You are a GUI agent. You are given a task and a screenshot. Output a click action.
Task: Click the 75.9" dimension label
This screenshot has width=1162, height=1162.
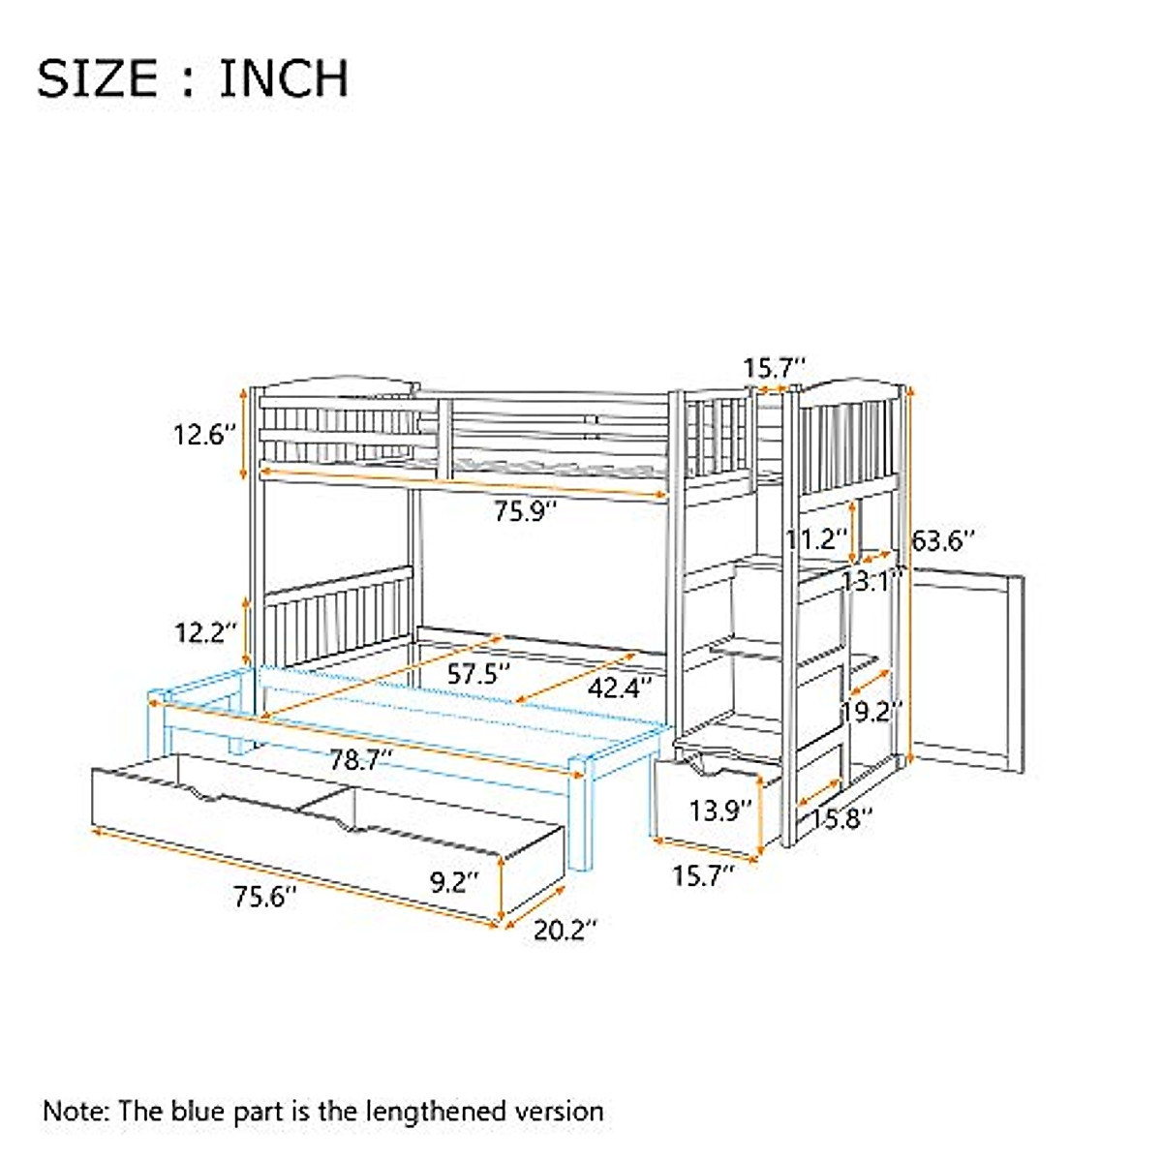[x=526, y=510]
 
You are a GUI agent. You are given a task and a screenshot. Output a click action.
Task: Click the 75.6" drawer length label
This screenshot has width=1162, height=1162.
[x=264, y=897]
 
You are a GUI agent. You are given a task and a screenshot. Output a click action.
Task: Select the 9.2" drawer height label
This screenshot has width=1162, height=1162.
[x=454, y=882]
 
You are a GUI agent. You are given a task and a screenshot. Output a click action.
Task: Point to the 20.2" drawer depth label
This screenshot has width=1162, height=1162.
[x=565, y=931]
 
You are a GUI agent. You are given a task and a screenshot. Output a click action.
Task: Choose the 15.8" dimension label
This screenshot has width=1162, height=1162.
[x=841, y=819]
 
